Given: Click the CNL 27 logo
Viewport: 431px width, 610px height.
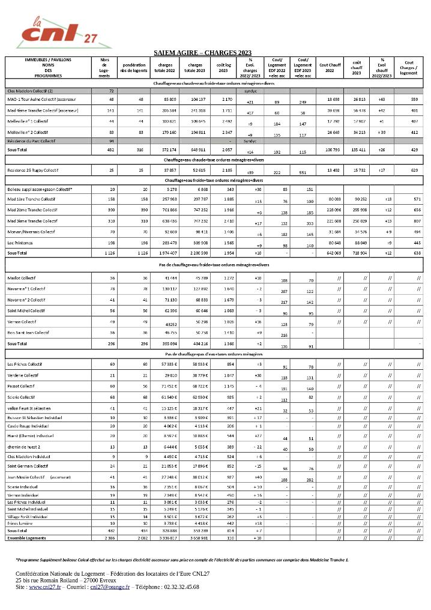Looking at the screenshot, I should click(63, 32).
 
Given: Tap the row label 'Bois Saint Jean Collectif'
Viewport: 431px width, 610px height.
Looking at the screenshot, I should click(28, 332).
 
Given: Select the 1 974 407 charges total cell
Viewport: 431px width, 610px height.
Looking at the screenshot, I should click(165, 253).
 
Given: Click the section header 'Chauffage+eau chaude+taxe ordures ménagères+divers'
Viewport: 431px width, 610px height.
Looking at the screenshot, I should click(214, 160).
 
